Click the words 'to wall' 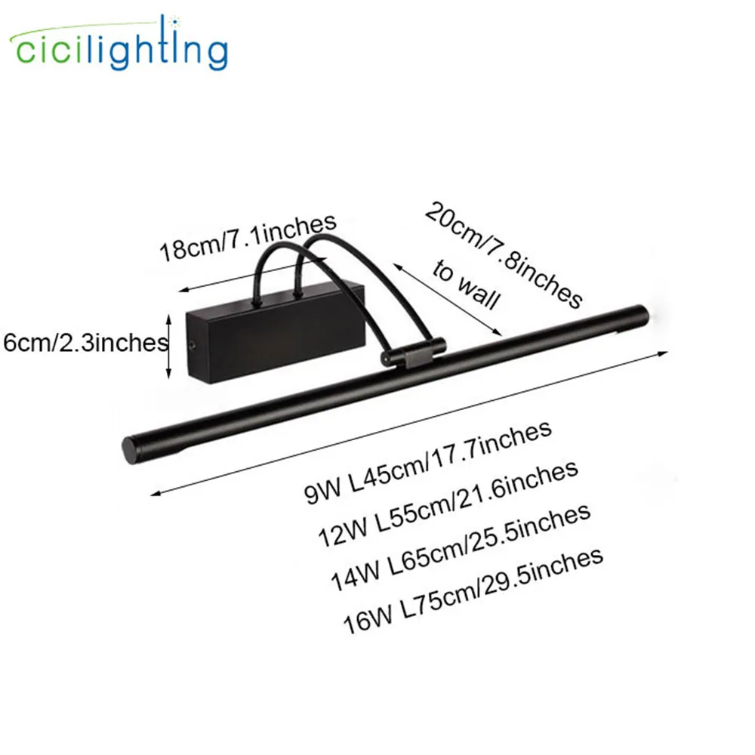tap(466, 285)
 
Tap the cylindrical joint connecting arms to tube tap(414, 352)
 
